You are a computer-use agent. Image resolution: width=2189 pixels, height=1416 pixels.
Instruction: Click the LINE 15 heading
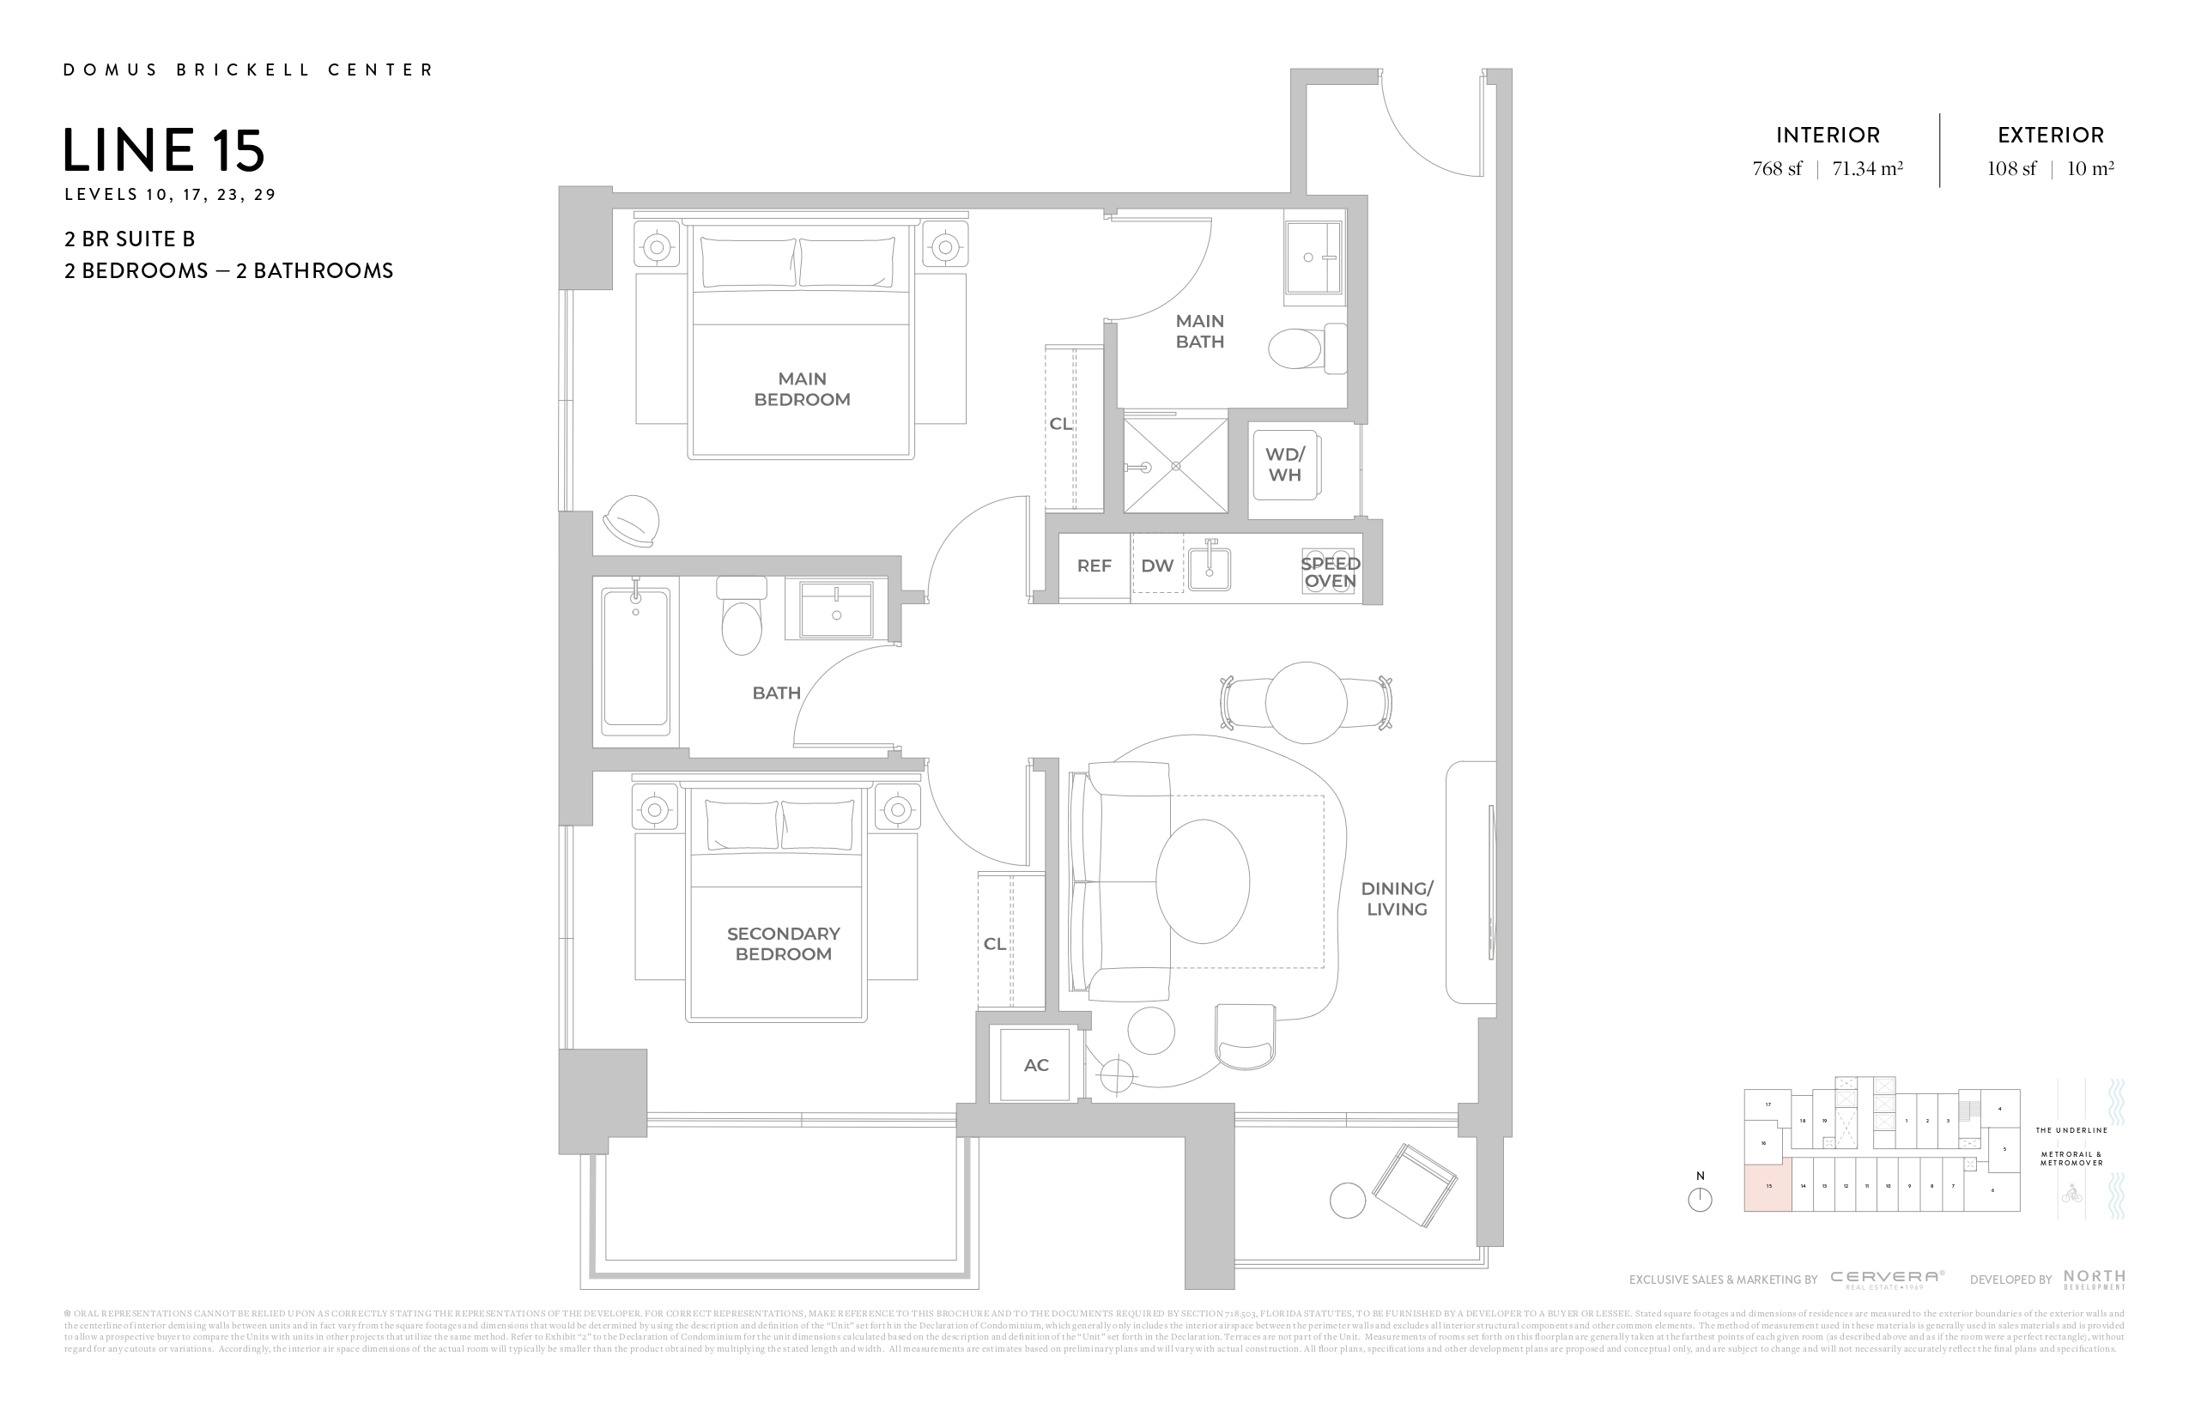pyautogui.click(x=164, y=151)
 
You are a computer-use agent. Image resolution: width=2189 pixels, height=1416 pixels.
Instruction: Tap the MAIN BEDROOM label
pyautogui.click(x=801, y=389)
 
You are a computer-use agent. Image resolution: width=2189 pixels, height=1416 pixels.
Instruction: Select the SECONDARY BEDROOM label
pyautogui.click(x=783, y=943)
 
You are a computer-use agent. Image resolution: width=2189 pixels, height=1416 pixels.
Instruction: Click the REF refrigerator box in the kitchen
pyautogui.click(x=1094, y=566)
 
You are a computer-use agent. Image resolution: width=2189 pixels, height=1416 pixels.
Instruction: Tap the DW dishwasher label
pyautogui.click(x=1157, y=566)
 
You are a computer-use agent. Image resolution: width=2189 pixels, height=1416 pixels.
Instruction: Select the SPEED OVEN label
pyautogui.click(x=1330, y=573)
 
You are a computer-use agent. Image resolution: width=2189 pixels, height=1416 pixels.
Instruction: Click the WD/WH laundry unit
pyautogui.click(x=1285, y=465)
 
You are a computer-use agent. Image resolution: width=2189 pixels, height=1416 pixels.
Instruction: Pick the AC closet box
pyautogui.click(x=1035, y=1065)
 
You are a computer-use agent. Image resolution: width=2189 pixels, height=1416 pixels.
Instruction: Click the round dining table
pyautogui.click(x=1305, y=703)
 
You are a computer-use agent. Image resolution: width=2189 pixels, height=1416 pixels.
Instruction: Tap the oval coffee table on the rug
pyautogui.click(x=1202, y=880)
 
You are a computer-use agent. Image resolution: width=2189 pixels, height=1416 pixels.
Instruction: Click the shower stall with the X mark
pyautogui.click(x=1175, y=465)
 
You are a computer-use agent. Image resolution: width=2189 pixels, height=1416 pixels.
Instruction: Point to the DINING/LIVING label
pyautogui.click(x=1396, y=899)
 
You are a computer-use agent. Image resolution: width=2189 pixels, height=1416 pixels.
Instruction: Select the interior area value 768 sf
pyautogui.click(x=1777, y=169)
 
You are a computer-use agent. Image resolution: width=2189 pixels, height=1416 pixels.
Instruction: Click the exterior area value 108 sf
pyautogui.click(x=2011, y=169)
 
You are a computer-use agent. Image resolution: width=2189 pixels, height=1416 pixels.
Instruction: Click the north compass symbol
pyautogui.click(x=1700, y=1199)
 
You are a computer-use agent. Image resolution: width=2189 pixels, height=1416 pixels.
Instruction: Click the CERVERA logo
pyautogui.click(x=1887, y=1278)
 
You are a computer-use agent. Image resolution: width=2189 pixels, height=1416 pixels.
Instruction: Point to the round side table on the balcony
pyautogui.click(x=1348, y=1201)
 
